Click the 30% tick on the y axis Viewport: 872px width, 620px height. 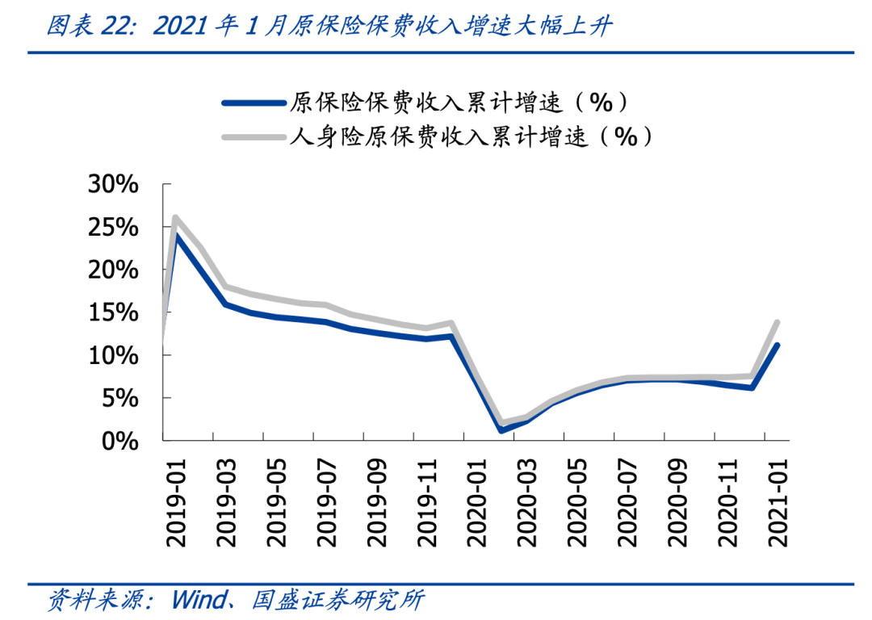click(112, 185)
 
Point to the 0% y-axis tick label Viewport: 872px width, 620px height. click(121, 442)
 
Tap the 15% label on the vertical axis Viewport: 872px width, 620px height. click(112, 313)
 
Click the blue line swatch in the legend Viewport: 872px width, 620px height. click(254, 103)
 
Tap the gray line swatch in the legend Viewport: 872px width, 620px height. click(254, 137)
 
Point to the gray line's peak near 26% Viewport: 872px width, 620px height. click(175, 218)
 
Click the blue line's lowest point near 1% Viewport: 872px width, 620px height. click(501, 430)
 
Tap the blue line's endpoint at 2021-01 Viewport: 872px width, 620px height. click(777, 346)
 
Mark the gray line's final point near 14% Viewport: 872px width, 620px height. click(777, 323)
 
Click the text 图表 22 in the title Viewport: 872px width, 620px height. click(83, 27)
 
